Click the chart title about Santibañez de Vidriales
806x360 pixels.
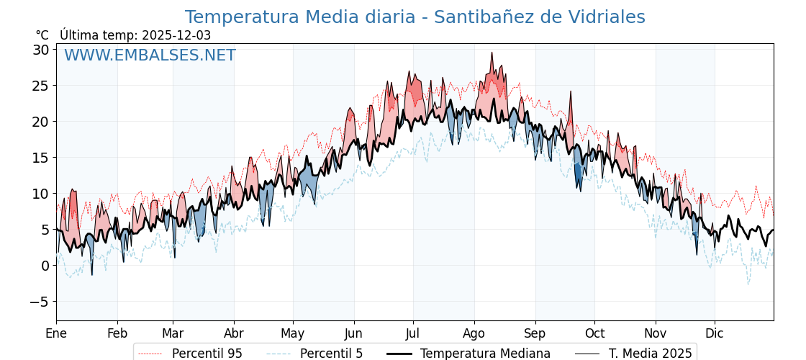click(415, 17)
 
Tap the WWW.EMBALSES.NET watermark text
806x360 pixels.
click(150, 55)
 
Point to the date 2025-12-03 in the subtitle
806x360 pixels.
click(176, 35)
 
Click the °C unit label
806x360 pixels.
click(42, 35)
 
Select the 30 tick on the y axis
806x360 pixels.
click(40, 50)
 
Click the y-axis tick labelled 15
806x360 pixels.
click(40, 158)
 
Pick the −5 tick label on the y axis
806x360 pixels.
click(39, 302)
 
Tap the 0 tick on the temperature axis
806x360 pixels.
click(45, 266)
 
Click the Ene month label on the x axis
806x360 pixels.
click(56, 333)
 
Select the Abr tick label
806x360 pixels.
click(234, 333)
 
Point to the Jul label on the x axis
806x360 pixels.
click(413, 333)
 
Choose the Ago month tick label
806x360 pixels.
click(474, 333)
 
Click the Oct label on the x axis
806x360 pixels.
click(594, 333)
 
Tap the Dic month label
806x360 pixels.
click(715, 333)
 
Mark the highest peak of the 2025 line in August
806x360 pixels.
click(492, 53)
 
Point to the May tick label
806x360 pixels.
click(293, 333)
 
